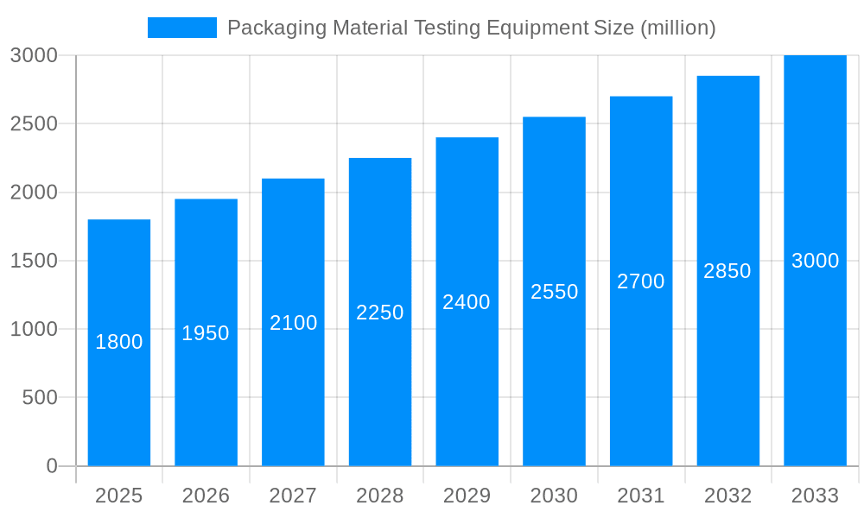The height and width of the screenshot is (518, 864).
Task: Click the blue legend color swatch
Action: coord(181,28)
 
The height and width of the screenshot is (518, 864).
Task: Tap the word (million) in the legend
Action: coord(677,28)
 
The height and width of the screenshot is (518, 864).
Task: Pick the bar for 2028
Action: coord(380,388)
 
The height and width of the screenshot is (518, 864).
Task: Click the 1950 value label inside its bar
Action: coord(206,333)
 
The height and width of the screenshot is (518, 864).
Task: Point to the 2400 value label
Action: coord(467,302)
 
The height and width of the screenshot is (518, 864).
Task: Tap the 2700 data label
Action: coord(641,281)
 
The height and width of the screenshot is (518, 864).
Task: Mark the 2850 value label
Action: coord(727,271)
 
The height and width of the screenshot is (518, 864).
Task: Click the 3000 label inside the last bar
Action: coord(815,261)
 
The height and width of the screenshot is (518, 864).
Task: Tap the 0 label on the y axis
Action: coord(52,466)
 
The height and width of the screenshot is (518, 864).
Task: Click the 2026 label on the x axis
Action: coord(206,496)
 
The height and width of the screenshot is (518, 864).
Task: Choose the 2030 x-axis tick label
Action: coord(554,496)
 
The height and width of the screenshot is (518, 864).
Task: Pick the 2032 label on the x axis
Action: coord(727,496)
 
